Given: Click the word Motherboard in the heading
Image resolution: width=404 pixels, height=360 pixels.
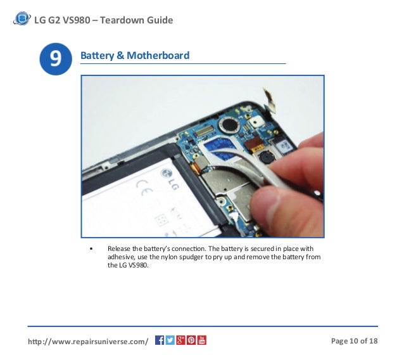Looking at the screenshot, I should [158, 56].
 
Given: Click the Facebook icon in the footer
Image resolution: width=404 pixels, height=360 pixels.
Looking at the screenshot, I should [160, 340].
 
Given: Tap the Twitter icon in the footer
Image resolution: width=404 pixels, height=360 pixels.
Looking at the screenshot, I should [170, 340].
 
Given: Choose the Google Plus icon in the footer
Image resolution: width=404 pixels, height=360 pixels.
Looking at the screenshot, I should [180, 340].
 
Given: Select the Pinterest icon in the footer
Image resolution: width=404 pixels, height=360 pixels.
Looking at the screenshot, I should [191, 340].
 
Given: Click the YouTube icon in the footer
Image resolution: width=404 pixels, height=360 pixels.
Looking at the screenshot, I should [201, 340].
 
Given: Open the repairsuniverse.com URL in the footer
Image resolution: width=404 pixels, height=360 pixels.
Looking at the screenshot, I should [88, 342].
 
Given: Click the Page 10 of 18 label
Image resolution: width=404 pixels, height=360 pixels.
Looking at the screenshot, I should [354, 342].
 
